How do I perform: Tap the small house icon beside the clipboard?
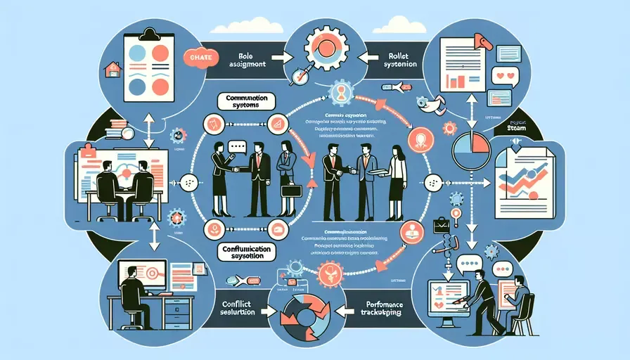(x=112, y=69)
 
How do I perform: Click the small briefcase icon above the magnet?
(x=442, y=227)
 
